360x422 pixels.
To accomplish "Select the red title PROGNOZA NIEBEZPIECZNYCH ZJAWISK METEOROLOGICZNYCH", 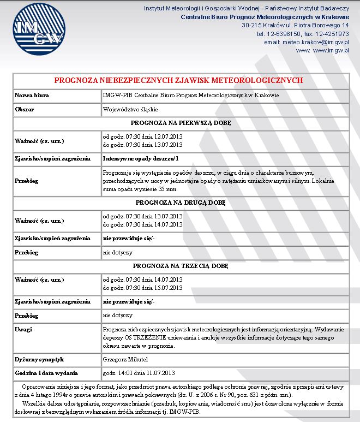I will click(x=178, y=80).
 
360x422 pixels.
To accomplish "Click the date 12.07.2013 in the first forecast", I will click(x=168, y=136).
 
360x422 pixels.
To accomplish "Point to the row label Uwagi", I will click(x=23, y=330).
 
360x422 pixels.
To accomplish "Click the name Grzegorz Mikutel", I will click(x=125, y=359).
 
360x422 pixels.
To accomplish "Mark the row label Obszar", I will click(x=25, y=109).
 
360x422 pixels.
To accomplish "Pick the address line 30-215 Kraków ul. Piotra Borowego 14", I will click(x=295, y=26).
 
